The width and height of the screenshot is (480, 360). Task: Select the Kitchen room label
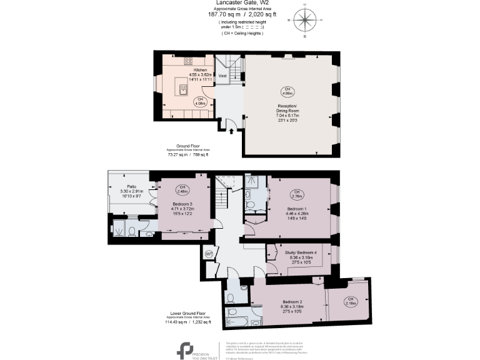click(200, 69)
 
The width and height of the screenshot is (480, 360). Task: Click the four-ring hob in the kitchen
click(188, 61)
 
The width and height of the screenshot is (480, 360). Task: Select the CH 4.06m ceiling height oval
click(287, 92)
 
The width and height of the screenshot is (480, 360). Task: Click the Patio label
click(131, 186)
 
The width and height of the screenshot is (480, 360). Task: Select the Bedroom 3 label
click(182, 204)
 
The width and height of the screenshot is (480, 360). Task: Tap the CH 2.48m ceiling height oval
click(182, 189)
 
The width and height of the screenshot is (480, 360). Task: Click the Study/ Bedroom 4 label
click(301, 252)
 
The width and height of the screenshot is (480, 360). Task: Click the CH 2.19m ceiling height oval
click(351, 301)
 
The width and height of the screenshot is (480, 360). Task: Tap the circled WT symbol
click(209, 254)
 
